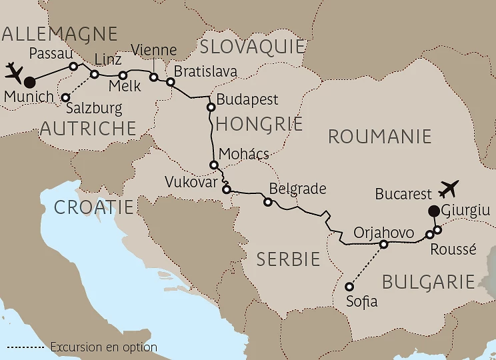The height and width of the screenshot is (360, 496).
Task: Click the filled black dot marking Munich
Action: (29, 83)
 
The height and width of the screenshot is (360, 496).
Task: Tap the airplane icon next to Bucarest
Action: (449, 189)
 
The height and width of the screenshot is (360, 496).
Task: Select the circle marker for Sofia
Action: (349, 287)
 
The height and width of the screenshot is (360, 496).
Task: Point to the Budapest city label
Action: (248, 100)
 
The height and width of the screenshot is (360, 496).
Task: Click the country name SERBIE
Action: (289, 259)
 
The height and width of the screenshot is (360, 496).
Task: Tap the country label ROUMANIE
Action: (379, 137)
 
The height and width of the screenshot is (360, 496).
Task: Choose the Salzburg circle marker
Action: (65, 98)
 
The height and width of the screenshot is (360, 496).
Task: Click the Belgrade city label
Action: (297, 189)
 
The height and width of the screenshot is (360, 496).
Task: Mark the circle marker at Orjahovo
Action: (383, 245)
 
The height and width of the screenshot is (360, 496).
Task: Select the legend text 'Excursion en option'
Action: (103, 347)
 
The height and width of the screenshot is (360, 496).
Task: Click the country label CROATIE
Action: (94, 207)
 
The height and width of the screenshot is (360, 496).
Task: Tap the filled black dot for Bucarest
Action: (433, 212)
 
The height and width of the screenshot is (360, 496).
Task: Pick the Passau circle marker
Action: (74, 66)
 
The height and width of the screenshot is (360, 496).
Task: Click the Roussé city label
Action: (453, 249)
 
